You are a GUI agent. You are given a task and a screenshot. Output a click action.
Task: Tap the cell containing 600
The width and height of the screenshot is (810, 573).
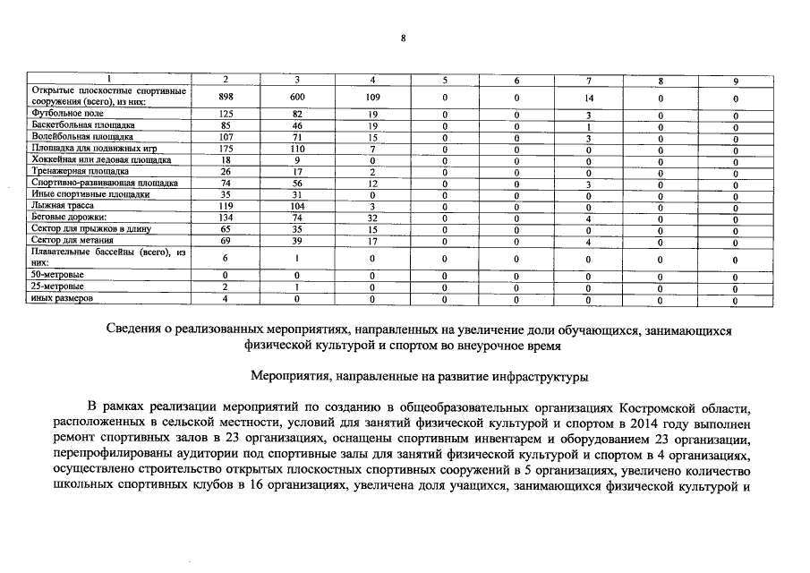click(x=297, y=97)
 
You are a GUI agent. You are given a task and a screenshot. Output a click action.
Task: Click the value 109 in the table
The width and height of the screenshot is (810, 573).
click(x=371, y=97)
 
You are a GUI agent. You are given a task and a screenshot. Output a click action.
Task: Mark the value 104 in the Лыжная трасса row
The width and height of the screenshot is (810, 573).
click(x=297, y=205)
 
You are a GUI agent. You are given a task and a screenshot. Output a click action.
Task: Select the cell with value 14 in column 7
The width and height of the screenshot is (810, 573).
click(x=588, y=97)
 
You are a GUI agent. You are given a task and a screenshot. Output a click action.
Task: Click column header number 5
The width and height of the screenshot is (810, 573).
click(x=444, y=81)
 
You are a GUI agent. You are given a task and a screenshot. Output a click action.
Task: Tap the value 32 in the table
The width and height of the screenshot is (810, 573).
click(x=371, y=217)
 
